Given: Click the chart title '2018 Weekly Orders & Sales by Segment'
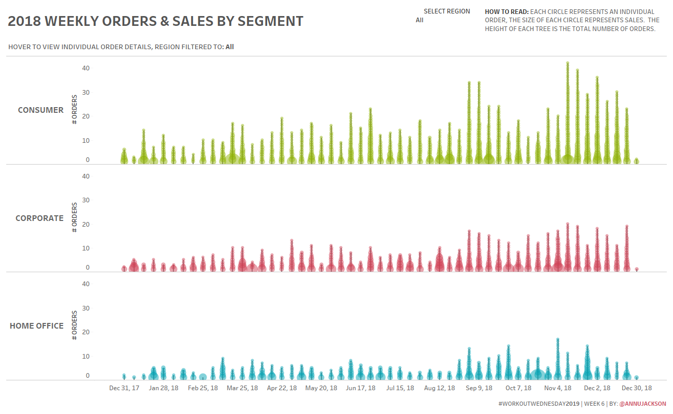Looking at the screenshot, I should [155, 21].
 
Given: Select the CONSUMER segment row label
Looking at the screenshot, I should [40, 110].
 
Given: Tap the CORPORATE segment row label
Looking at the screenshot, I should [39, 218].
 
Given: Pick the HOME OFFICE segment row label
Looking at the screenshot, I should [36, 326].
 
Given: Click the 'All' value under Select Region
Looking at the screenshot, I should [419, 20].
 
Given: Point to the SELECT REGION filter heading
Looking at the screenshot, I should [446, 11].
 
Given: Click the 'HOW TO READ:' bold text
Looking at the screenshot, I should [506, 11].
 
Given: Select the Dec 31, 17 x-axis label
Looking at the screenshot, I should [124, 388].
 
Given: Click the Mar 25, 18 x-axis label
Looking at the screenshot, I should [242, 388].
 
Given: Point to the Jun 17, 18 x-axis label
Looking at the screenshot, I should [360, 388].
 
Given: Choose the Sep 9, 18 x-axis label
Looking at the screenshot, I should [479, 388].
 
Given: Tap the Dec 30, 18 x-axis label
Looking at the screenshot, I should [636, 388].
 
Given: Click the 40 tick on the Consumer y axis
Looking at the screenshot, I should [85, 68].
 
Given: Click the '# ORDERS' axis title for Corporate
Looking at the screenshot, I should [75, 217].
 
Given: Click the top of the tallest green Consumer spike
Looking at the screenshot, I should [567, 63].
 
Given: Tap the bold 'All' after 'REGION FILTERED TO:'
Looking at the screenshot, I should [229, 47].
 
